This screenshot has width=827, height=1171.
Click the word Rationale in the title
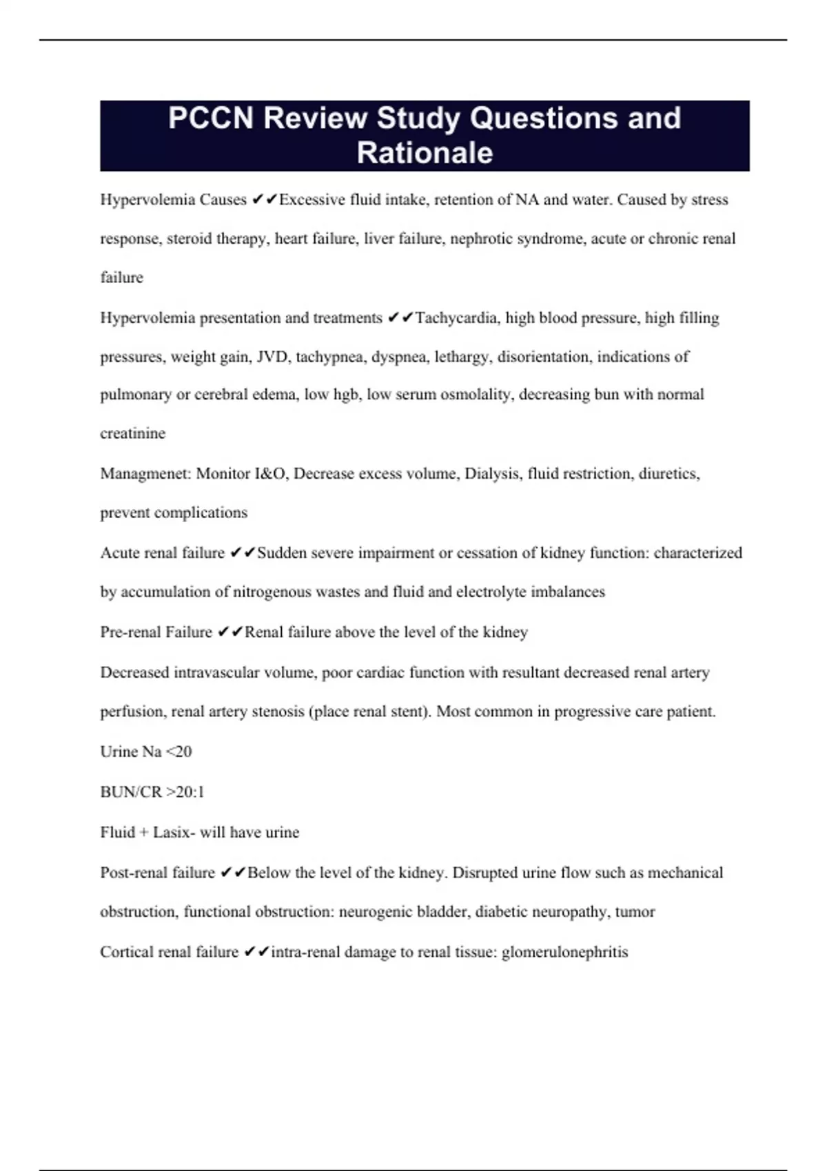coord(425,153)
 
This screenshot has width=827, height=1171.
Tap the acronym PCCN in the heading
coord(211,118)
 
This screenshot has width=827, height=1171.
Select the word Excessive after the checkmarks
coord(312,200)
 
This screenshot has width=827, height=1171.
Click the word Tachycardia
coord(458,318)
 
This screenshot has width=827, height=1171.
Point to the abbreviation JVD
coord(272,357)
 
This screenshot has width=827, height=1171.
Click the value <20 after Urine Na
coord(178,752)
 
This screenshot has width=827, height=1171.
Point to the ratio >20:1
coord(185,792)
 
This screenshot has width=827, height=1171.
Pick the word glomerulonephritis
coord(564,952)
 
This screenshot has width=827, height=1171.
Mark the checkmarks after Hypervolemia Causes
coord(264,200)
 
